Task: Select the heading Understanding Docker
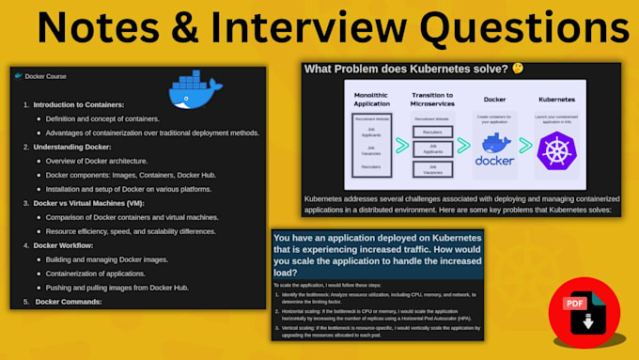(x=72, y=147)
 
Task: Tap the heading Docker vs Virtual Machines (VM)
(x=88, y=203)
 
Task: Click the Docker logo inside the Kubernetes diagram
(x=496, y=150)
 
